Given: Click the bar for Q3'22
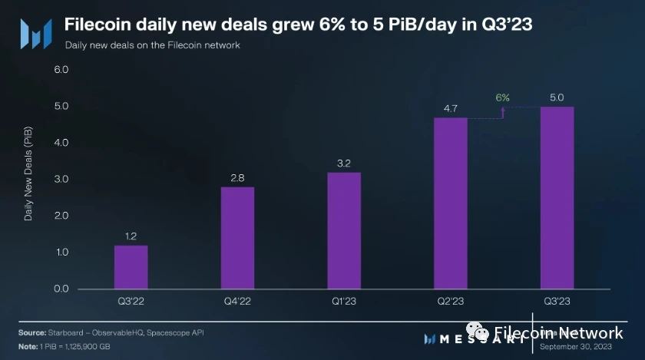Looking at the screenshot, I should tap(131, 267).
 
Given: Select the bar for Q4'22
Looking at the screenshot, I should tap(237, 238).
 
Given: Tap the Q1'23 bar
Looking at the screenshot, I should tap(344, 230).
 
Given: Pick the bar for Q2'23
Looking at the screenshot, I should tap(451, 203).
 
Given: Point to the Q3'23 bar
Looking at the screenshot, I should tap(557, 198).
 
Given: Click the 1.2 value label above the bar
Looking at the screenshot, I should tap(131, 236).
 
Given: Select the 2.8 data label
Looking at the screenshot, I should tap(237, 177).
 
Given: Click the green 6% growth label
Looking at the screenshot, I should tap(503, 97).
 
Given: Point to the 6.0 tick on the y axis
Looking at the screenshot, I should tap(61, 70).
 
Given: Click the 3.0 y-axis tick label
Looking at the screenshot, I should tap(61, 180).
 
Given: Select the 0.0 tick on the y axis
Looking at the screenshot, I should tap(61, 289).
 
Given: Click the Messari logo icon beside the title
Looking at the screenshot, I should tap(35, 33).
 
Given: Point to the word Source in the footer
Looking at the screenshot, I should tap(31, 332).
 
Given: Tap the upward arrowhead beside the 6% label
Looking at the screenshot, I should tap(503, 109).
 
